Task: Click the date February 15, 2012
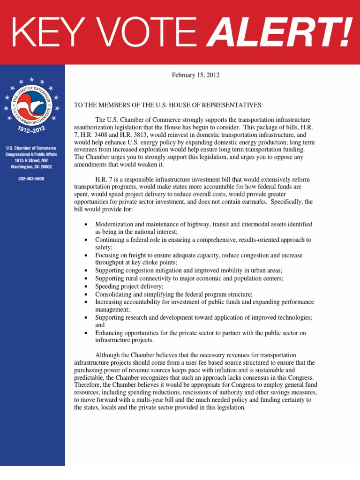pyautogui.click(x=195, y=75)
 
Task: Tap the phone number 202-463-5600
pyautogui.click(x=32, y=179)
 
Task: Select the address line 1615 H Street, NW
pyautogui.click(x=32, y=160)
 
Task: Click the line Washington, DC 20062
pyautogui.click(x=32, y=166)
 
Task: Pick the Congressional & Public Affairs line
pyautogui.click(x=32, y=154)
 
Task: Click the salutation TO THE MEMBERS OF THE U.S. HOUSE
pyautogui.click(x=168, y=105)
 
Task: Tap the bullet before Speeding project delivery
pyautogui.click(x=86, y=286)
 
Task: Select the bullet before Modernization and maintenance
pyautogui.click(x=86, y=225)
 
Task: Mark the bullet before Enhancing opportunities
pyautogui.click(x=86, y=333)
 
